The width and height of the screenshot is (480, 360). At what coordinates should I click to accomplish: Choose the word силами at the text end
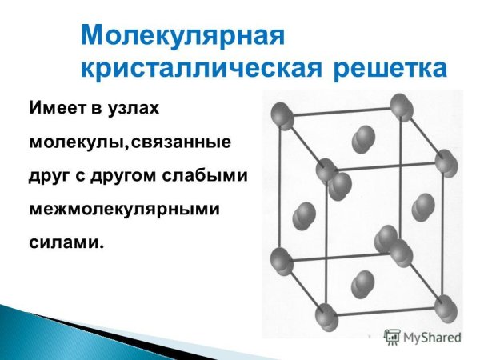(66, 241)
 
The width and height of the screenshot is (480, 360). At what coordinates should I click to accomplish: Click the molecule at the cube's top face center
(362, 138)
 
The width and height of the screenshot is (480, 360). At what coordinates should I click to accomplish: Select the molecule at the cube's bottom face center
(362, 282)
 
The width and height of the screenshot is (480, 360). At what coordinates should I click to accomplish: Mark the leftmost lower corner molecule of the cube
(282, 260)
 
